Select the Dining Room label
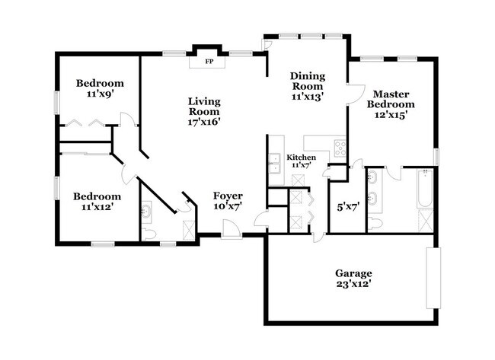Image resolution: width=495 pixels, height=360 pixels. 308,81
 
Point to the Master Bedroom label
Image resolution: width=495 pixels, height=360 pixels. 391,99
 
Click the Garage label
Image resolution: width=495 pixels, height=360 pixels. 353,272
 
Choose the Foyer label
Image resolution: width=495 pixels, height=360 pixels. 227,196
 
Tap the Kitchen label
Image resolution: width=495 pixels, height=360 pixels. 300,157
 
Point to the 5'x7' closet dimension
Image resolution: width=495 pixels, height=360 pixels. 346,205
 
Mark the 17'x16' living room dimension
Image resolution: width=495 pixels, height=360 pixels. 204,122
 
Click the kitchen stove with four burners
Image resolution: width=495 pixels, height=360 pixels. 340,148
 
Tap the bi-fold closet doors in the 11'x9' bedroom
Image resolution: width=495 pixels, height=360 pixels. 84,123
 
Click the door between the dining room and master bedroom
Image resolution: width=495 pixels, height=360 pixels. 352,96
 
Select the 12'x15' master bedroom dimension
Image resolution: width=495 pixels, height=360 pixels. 391,115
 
